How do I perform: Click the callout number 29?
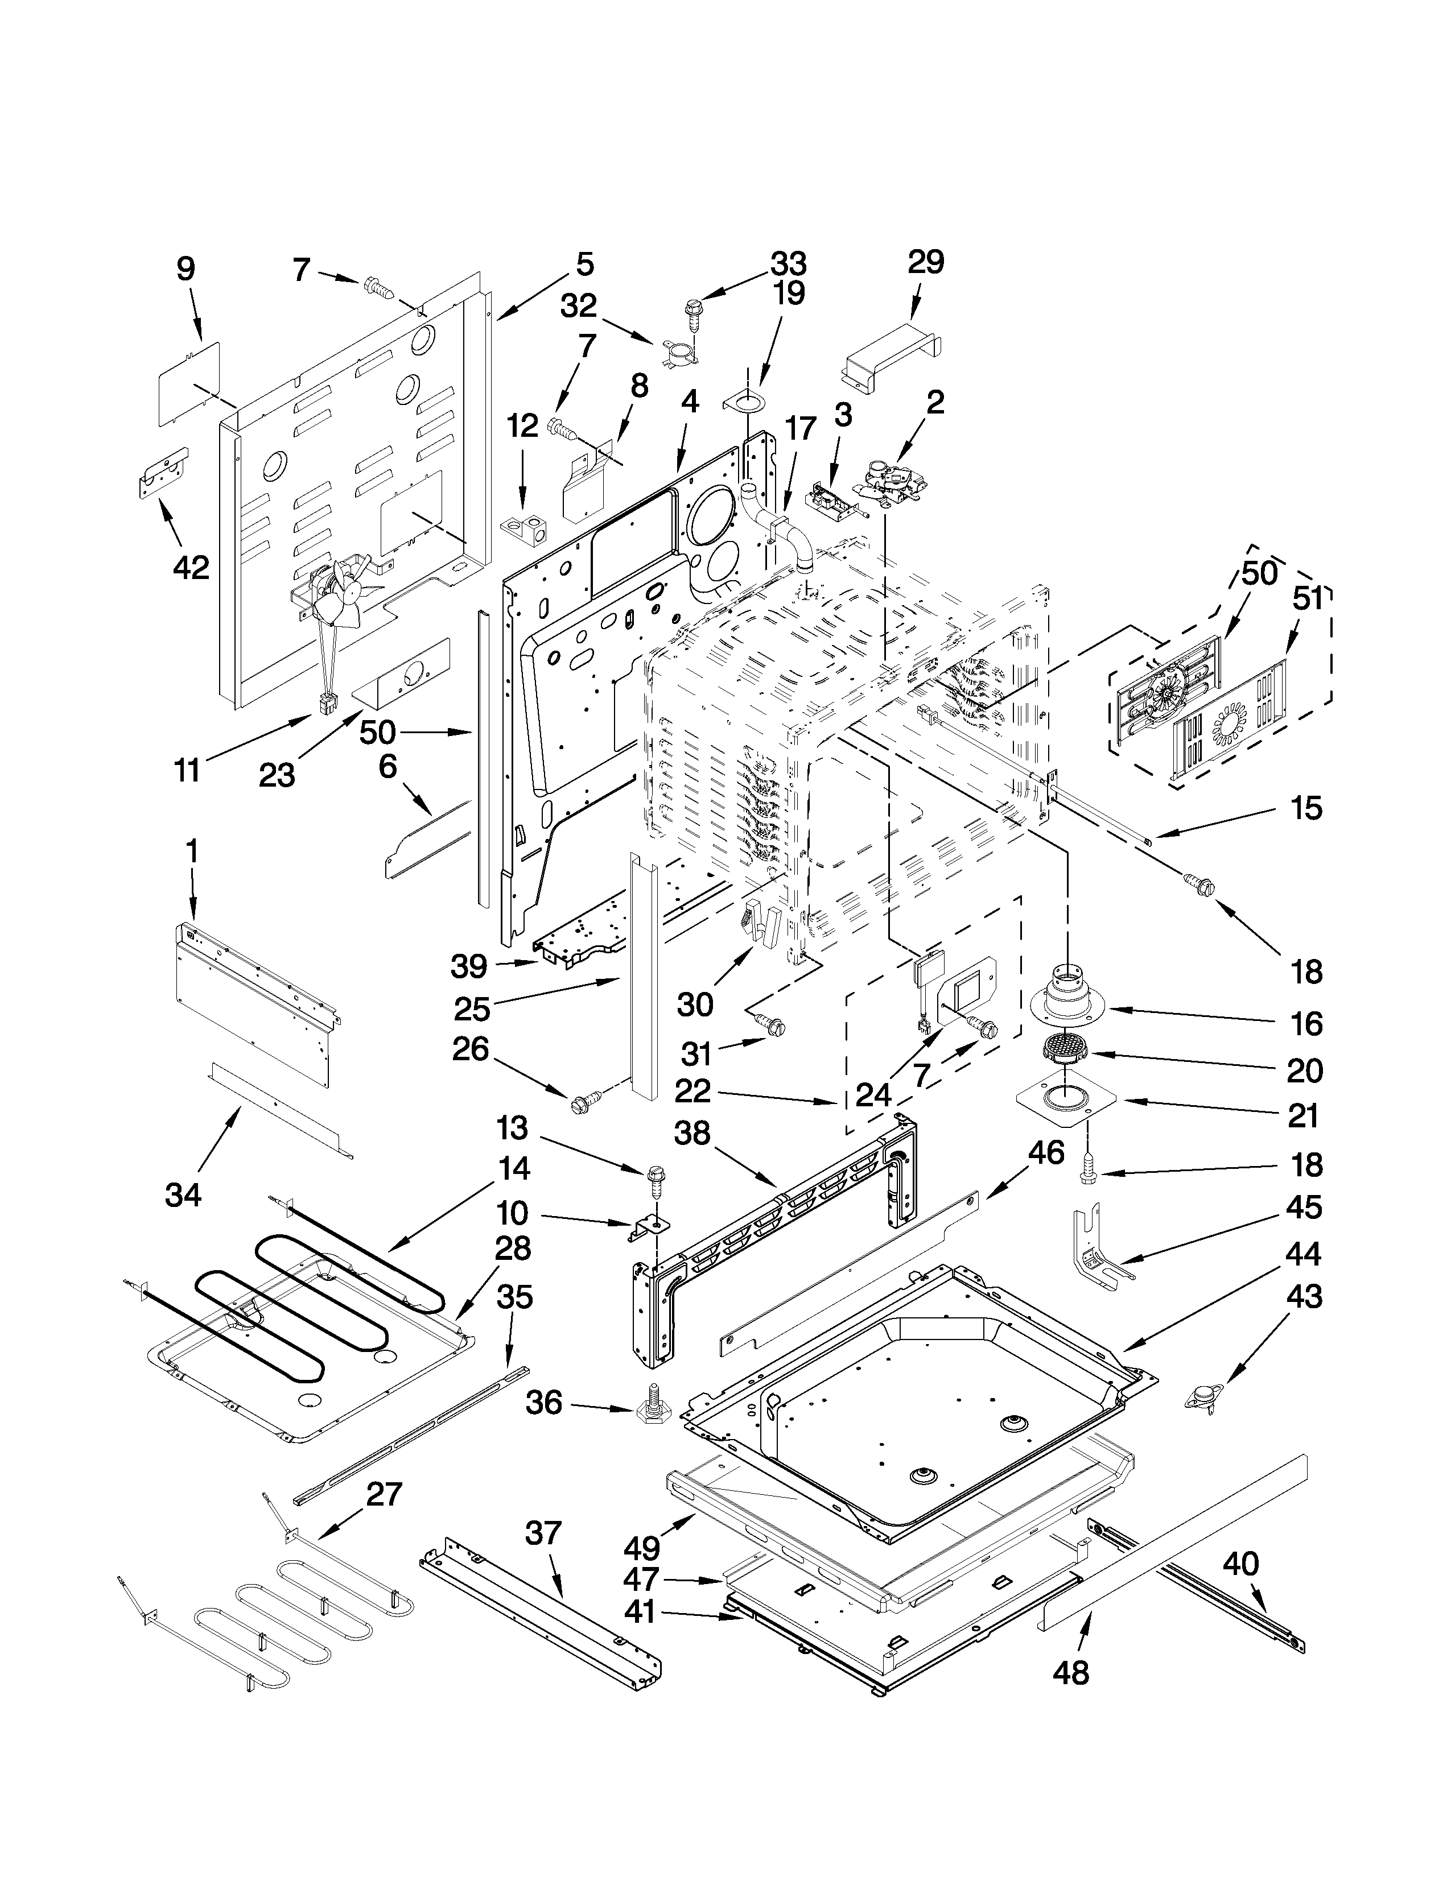pyautogui.click(x=926, y=262)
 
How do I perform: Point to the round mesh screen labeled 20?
pyautogui.click(x=1066, y=1050)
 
